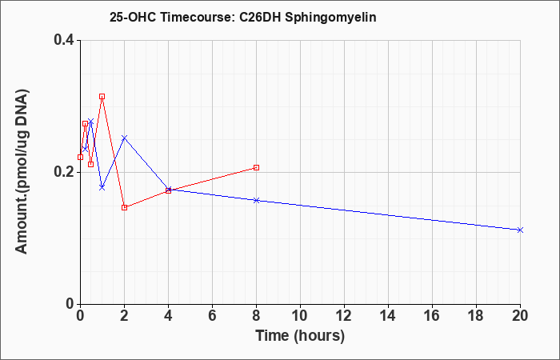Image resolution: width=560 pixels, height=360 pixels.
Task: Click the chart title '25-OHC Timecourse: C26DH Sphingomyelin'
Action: pos(243,17)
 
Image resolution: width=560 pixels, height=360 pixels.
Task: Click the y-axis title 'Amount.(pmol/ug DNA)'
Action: pos(22,172)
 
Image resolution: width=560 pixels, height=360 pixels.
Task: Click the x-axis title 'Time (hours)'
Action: pos(300,336)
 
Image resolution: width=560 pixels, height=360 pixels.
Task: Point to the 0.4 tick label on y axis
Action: pos(63,40)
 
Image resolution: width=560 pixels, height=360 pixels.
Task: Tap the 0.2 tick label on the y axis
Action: pos(63,172)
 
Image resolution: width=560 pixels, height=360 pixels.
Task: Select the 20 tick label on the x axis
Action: pos(520,316)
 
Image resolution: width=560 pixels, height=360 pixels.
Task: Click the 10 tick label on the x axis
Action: pos(300,316)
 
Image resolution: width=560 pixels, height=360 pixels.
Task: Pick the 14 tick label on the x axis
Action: pos(388,316)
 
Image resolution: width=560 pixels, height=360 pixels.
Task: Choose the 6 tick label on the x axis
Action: pos(212,316)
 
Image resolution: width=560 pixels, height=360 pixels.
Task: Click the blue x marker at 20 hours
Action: pos(520,230)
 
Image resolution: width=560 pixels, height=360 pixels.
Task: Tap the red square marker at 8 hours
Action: pos(256,167)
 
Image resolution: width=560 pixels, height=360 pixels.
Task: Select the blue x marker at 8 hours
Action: pos(256,200)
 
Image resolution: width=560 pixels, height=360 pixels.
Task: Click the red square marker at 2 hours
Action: pos(124,207)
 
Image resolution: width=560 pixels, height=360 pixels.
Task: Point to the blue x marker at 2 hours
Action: pos(124,138)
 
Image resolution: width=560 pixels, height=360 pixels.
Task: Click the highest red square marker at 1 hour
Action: pos(102,97)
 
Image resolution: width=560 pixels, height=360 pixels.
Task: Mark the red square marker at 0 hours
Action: pos(80,157)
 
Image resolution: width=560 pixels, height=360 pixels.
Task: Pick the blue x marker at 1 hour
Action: pos(102,187)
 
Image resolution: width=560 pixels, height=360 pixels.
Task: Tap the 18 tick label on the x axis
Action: pos(476,316)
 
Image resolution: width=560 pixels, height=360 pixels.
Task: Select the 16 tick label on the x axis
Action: pos(432,316)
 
